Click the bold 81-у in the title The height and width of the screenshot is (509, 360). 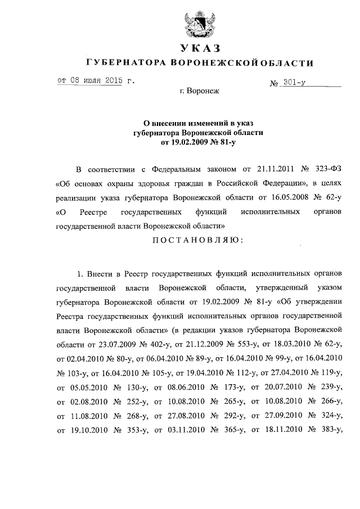[223, 143]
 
